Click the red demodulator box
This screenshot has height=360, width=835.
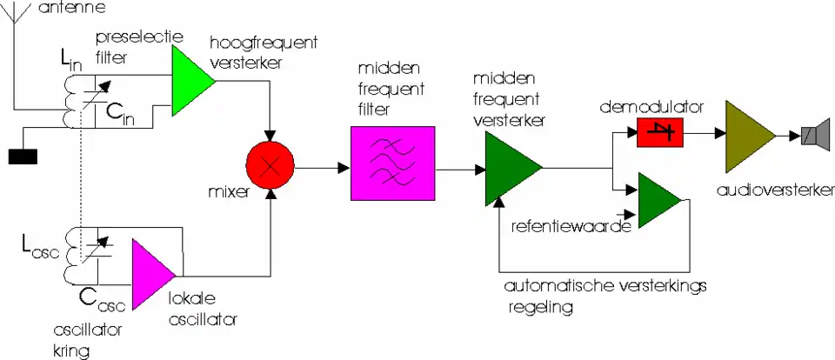click(x=660, y=133)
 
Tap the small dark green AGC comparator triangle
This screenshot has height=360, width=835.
click(x=662, y=201)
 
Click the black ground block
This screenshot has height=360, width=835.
click(x=23, y=157)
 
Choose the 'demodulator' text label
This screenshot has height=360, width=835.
click(x=651, y=108)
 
